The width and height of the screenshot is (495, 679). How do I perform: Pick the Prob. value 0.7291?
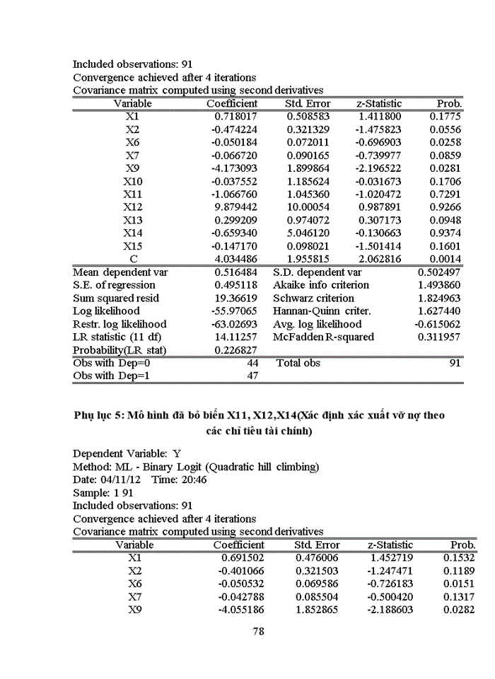[447, 194]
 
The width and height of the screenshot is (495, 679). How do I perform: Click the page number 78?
[258, 632]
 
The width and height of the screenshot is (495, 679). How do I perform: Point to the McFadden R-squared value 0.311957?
[439, 337]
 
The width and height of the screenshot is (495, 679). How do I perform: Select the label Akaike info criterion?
[321, 285]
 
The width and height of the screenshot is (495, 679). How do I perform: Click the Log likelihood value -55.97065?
[235, 311]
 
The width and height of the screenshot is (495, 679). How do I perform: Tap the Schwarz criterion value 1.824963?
[439, 298]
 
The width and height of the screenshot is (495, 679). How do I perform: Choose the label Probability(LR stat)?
[120, 350]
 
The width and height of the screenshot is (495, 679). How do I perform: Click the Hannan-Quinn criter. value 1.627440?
[439, 311]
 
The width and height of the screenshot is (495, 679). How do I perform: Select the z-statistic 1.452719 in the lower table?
[390, 557]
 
